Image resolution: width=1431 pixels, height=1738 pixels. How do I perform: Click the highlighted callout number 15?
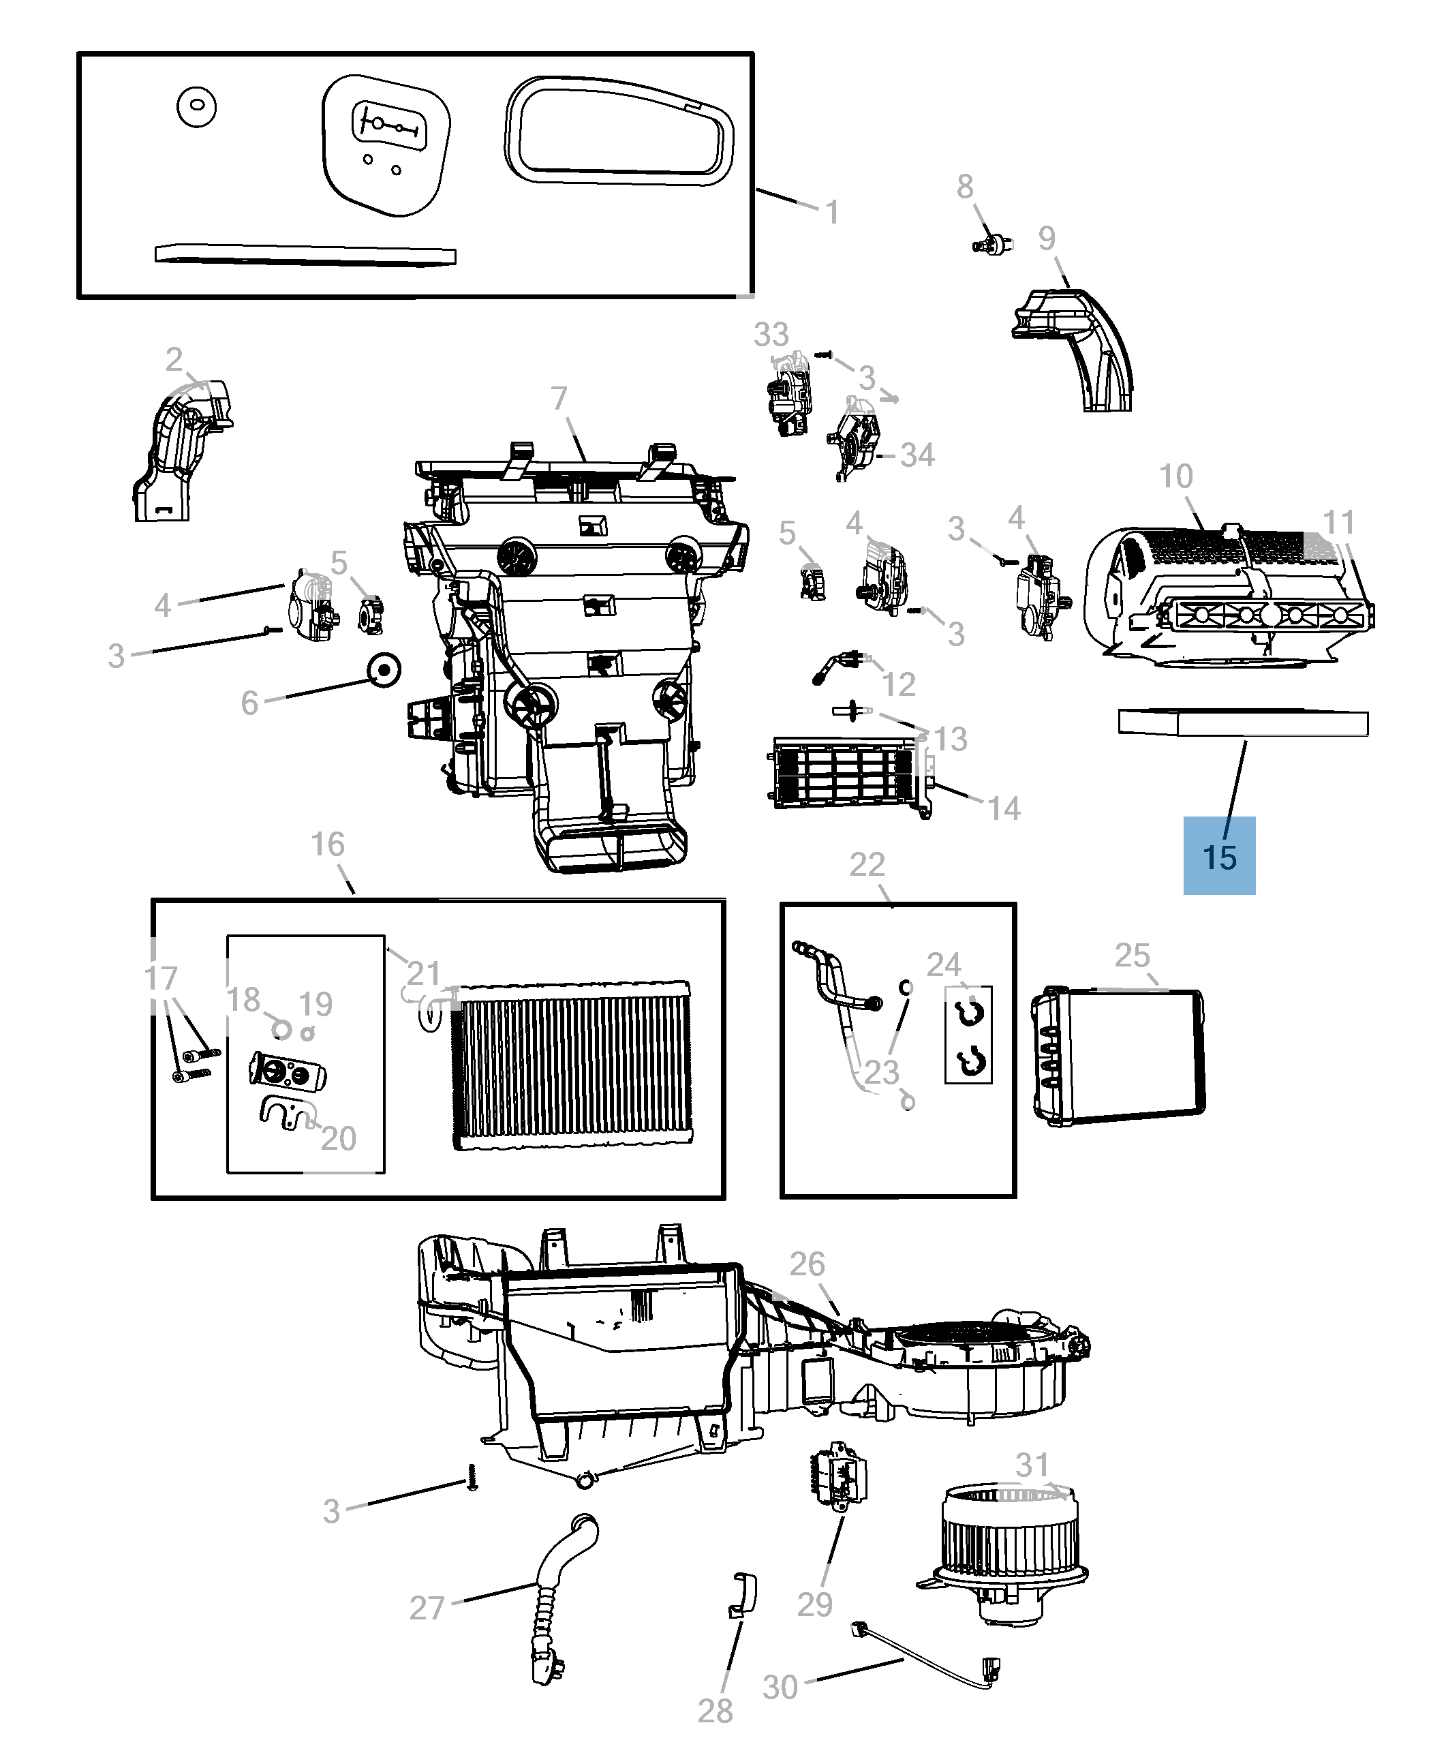coord(1219,857)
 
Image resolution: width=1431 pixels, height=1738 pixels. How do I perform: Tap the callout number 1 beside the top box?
coord(833,213)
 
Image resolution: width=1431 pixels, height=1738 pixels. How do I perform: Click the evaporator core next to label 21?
coord(574,1065)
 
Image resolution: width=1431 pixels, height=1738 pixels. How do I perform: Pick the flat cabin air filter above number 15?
coord(1243,723)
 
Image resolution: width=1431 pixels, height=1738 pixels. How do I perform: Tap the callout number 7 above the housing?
coord(559,398)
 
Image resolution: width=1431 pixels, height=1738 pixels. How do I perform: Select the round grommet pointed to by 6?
coord(383,669)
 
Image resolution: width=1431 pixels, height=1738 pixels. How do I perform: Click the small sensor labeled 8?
coord(991,244)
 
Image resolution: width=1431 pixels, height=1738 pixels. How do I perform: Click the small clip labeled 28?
coord(743,1596)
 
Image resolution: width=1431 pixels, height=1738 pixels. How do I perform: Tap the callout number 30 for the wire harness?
coord(780,1687)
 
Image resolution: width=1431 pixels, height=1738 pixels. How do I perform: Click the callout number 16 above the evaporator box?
coord(327,844)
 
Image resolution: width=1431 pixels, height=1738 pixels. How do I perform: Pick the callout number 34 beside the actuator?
coord(917,455)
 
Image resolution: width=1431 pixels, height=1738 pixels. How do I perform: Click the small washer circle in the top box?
coord(196,107)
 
